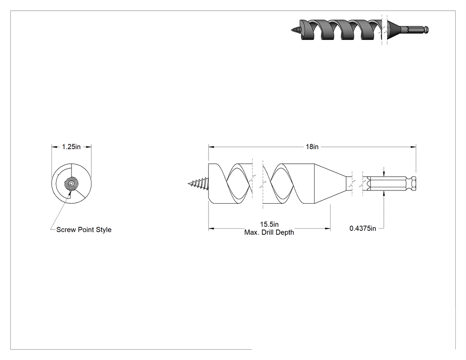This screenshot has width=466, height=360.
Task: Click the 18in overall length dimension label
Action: coord(312,146)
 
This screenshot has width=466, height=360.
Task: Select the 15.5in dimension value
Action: coord(269,224)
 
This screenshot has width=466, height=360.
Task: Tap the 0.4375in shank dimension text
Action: coord(363,228)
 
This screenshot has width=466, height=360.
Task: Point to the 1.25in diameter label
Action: coord(71,146)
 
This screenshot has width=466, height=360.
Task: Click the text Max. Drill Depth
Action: coord(269,233)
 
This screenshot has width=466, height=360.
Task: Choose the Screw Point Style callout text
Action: coord(84,229)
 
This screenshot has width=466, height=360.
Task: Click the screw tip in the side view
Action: coord(189,184)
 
